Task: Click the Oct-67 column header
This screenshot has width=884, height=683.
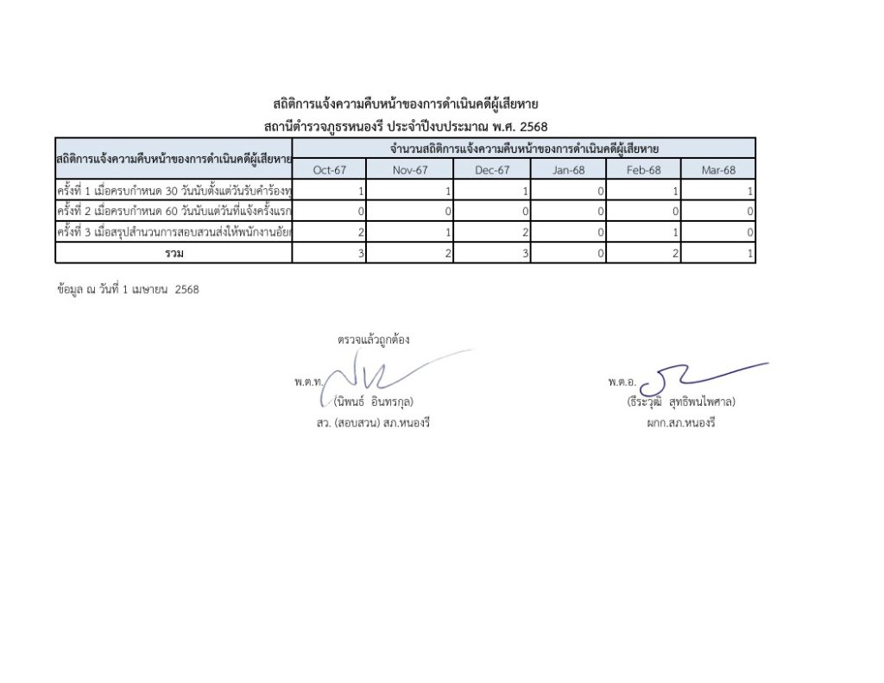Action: point(329,170)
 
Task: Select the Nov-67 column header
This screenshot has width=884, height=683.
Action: point(410,170)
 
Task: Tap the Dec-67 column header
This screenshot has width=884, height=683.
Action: point(492,170)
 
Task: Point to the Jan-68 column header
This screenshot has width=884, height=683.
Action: point(569,170)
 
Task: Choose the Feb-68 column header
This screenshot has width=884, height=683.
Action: point(643,170)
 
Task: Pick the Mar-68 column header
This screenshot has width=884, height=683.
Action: point(718,170)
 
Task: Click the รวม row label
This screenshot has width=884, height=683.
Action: point(174,253)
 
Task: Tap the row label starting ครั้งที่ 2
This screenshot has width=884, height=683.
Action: point(174,212)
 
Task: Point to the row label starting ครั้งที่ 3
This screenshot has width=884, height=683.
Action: point(174,232)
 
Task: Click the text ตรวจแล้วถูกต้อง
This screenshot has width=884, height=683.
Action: point(373,339)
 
